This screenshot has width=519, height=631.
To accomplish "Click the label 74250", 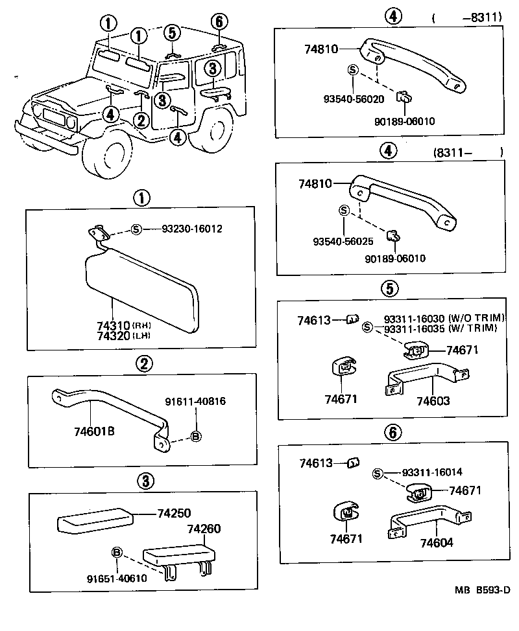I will point(174,512).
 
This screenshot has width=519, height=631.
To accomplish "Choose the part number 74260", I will point(204,529).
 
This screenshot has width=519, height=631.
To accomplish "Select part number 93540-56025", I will point(343,241).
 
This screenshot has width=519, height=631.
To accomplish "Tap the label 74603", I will point(433,401).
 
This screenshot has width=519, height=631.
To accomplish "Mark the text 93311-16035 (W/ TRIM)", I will point(440,329).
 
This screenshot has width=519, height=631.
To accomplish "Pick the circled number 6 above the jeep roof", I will point(219,21).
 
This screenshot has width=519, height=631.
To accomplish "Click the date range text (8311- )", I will point(466,153).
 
